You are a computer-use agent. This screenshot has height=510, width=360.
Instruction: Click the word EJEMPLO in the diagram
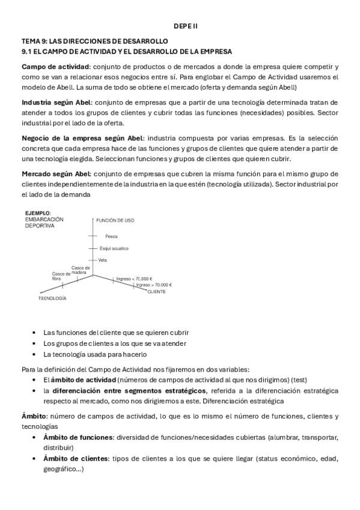(x=37, y=213)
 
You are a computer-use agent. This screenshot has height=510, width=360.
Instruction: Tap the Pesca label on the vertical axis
(x=111, y=236)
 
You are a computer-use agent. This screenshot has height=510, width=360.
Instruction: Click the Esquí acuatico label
(x=114, y=248)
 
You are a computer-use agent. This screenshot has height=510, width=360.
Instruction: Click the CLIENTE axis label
(x=156, y=292)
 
